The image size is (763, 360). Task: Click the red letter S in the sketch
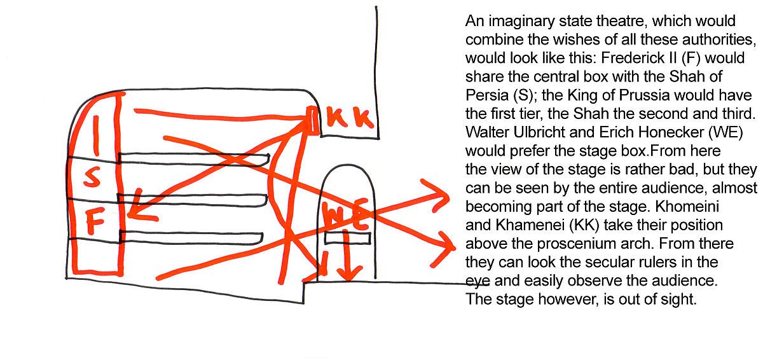[x=92, y=177]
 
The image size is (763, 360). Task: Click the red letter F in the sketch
[x=95, y=221]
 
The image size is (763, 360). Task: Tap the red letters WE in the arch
[x=345, y=214]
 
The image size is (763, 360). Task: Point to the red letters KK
[x=350, y=118]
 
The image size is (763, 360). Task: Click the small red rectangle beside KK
[x=313, y=120]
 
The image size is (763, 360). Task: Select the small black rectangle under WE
[x=347, y=238]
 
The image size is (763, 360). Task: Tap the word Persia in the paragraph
[x=487, y=95]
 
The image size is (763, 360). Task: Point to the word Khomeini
[x=687, y=206]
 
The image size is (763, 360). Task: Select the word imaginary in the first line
[x=522, y=22]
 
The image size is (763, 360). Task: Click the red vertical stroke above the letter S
[x=97, y=136]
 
